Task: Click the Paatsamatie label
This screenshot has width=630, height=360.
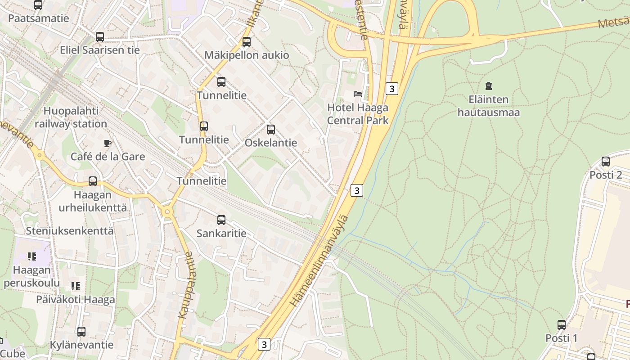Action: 39,18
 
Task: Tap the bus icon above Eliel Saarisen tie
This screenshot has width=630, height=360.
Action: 100,37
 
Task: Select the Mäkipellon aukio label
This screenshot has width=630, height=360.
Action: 247,55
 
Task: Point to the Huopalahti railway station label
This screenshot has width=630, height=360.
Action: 71,117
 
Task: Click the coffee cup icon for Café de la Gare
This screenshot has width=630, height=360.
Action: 107,144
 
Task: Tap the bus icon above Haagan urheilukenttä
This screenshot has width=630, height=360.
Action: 93,181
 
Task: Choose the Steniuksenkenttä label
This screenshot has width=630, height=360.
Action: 70,231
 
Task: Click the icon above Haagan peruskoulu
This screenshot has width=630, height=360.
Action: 31,256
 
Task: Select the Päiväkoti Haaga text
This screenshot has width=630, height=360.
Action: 76,299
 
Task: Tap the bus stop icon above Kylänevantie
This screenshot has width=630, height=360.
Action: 81,332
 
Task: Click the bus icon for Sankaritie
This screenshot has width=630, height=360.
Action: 221,220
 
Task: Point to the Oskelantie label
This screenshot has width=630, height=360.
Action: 271,143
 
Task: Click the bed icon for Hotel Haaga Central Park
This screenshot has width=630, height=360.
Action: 358,94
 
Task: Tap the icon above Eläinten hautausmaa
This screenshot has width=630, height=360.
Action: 489,86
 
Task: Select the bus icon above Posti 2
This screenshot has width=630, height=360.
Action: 606,162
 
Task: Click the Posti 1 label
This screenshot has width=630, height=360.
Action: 561,338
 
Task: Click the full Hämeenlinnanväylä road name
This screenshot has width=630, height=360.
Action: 319,261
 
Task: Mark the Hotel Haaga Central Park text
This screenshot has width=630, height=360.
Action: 358,114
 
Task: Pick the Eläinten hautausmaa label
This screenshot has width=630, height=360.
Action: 489,106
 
